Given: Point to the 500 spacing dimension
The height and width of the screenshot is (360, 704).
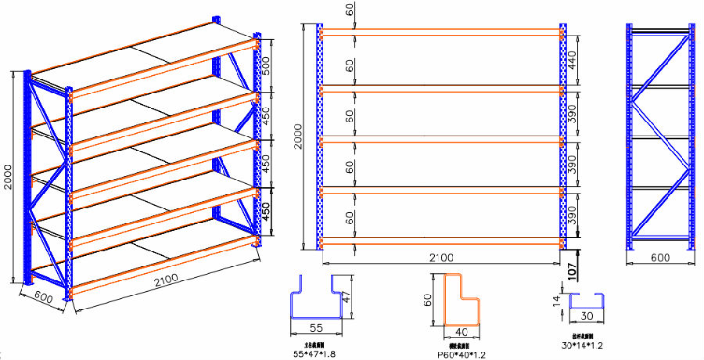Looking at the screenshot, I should click(266, 66).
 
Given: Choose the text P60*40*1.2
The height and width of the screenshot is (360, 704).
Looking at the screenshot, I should click(463, 355).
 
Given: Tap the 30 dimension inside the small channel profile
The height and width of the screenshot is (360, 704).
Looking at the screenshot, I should click(587, 317).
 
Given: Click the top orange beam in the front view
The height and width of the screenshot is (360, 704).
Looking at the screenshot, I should click(441, 31).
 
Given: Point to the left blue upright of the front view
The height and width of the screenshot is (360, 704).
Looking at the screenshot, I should click(319, 137).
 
